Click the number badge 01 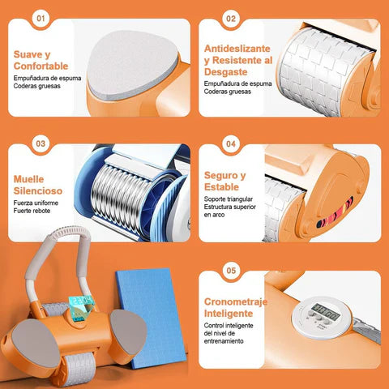(41, 19)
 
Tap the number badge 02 (231, 19)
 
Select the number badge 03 (41, 143)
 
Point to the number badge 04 (231, 143)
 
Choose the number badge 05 (231, 271)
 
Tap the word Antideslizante (237, 49)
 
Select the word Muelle (28, 179)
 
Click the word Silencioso (38, 190)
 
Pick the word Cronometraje (236, 302)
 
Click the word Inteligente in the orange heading (229, 314)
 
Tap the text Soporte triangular (229, 199)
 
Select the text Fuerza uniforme (36, 203)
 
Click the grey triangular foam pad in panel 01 (132, 65)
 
